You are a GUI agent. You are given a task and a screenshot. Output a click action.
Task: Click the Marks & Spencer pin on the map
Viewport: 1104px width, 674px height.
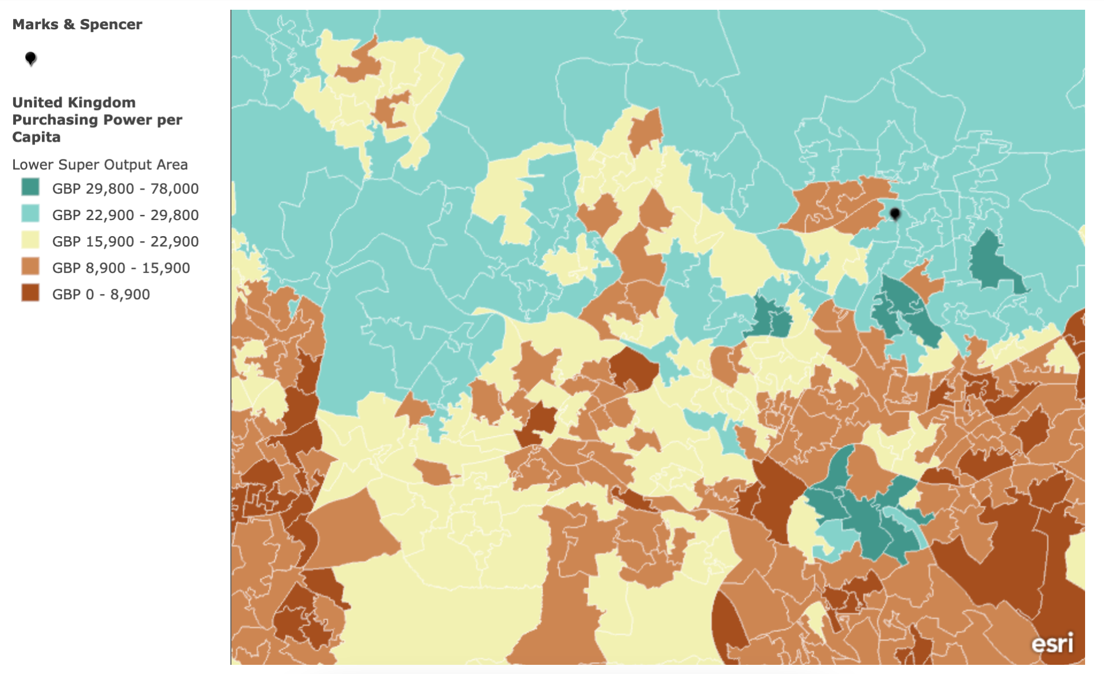pos(895,214)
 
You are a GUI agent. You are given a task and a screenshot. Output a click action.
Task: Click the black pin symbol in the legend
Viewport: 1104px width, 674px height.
pos(31,58)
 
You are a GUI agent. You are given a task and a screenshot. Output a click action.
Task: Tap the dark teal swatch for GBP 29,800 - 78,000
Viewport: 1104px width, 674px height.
pos(30,187)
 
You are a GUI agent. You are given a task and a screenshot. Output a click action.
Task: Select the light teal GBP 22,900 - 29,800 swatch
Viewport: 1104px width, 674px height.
pos(30,214)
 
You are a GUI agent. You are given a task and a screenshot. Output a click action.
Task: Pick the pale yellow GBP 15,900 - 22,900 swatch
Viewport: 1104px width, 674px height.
pos(30,240)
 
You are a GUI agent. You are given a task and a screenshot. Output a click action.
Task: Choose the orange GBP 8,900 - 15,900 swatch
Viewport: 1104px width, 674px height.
pos(30,267)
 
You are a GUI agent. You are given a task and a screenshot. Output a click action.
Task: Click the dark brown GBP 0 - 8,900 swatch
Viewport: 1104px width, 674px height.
pos(30,293)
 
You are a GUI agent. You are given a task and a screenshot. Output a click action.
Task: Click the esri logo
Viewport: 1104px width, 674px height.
pos(1052,644)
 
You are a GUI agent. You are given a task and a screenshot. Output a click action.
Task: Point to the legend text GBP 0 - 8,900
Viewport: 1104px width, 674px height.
pos(101,295)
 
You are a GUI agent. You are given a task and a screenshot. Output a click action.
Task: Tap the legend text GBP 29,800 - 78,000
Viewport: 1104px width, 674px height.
pos(125,189)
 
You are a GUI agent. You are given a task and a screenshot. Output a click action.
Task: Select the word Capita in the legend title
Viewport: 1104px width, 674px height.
pos(36,137)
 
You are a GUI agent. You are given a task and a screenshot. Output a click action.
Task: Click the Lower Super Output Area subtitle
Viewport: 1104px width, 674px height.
pos(100,165)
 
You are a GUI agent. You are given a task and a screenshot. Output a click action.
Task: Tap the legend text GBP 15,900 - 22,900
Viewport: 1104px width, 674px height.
pos(125,242)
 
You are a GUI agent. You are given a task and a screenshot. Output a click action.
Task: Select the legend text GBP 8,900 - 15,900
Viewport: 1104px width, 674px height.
pos(120,268)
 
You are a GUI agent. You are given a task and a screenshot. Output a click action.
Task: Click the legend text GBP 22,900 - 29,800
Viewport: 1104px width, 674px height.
pos(125,215)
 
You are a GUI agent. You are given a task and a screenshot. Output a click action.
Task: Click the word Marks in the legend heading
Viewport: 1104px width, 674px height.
pos(35,25)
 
